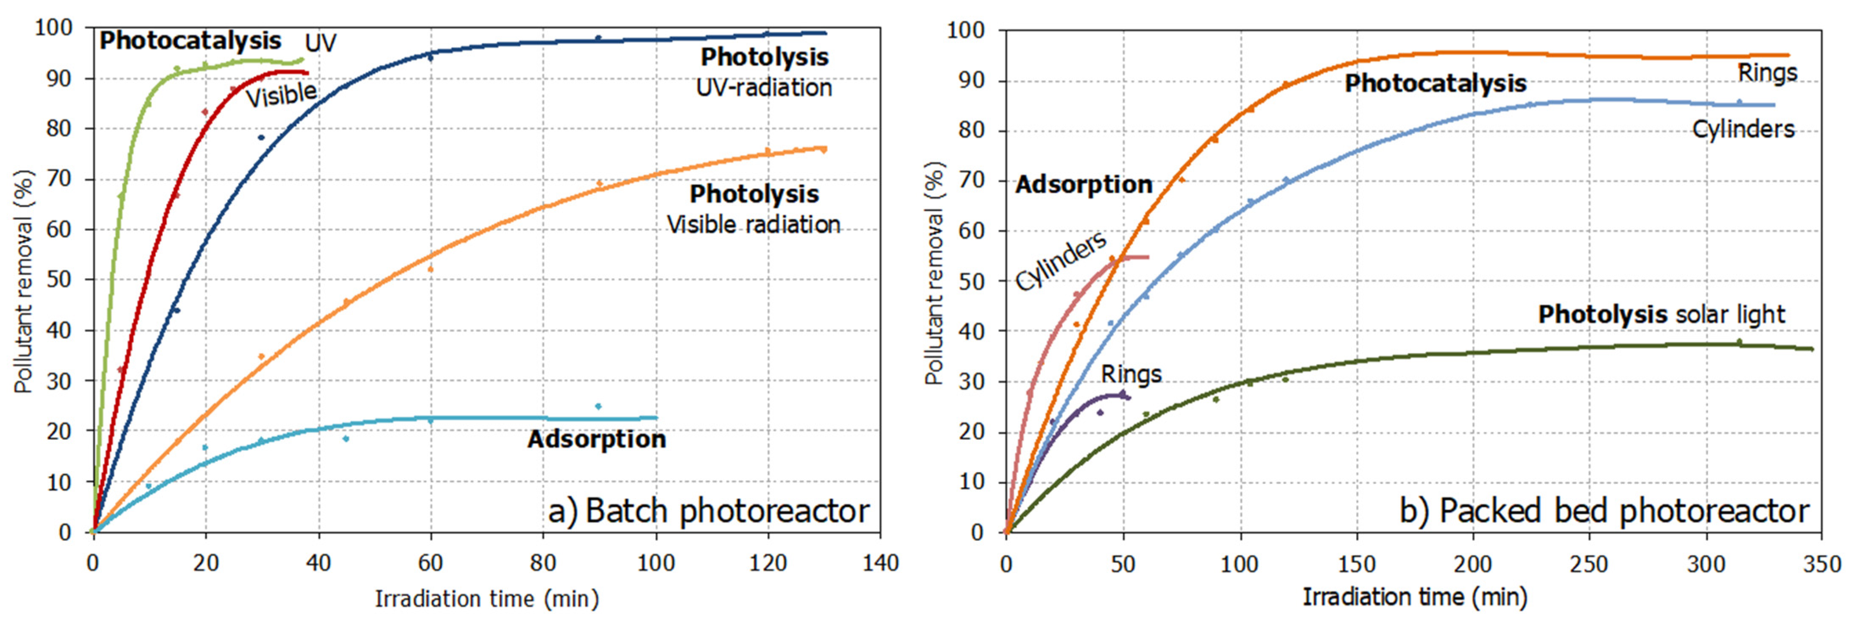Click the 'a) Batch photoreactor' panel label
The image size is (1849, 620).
click(x=709, y=511)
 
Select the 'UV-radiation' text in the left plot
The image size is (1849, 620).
click(x=764, y=87)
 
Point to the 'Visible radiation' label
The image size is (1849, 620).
click(x=754, y=225)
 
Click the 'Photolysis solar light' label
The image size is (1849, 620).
click(x=1661, y=314)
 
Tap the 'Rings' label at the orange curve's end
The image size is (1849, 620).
click(x=1767, y=73)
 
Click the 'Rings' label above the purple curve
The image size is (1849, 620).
click(x=1131, y=374)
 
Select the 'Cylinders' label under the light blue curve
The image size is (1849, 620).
click(x=1743, y=129)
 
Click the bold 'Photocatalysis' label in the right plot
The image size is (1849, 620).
click(x=1435, y=83)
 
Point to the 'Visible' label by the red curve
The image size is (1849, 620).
click(x=281, y=95)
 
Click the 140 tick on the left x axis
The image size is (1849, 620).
click(x=880, y=563)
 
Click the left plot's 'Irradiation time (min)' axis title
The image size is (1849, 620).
click(x=487, y=598)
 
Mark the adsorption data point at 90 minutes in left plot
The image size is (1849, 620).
click(x=599, y=406)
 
